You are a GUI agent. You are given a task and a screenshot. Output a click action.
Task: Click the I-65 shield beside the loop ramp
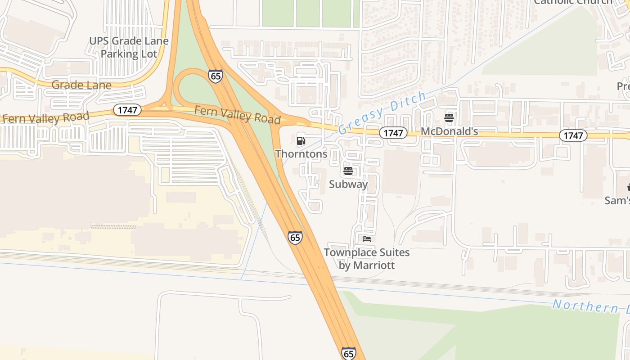click(216, 76)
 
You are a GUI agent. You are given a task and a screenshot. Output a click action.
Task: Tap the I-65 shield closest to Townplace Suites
click(295, 237)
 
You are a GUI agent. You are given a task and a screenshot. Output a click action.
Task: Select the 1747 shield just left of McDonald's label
click(393, 133)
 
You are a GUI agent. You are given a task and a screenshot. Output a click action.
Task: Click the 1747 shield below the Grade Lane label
click(127, 110)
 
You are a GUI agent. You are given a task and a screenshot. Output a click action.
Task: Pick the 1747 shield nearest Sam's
click(573, 135)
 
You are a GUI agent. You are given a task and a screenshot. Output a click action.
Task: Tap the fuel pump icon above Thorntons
click(301, 141)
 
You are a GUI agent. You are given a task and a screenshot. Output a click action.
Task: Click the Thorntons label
click(301, 154)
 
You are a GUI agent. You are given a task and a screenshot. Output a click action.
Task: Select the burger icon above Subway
click(348, 171)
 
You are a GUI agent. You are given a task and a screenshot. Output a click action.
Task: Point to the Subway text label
click(348, 184)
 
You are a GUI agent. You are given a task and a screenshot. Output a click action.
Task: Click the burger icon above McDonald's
click(449, 118)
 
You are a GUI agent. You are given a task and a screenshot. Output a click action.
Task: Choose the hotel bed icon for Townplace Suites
click(367, 239)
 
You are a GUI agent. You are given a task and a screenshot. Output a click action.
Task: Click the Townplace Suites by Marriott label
click(367, 259)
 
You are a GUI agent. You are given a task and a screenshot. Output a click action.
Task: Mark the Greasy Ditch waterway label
click(382, 112)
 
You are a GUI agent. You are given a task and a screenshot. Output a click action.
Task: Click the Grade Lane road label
click(81, 85)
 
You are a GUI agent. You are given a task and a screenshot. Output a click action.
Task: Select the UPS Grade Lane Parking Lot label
click(129, 47)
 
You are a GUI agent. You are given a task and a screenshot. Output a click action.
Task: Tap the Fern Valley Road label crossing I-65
click(237, 114)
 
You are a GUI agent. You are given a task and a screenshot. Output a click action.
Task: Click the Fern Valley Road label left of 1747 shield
click(45, 118)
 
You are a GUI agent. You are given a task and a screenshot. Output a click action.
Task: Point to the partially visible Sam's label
click(617, 200)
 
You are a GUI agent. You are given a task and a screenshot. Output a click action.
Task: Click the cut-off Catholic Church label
click(572, 2)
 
